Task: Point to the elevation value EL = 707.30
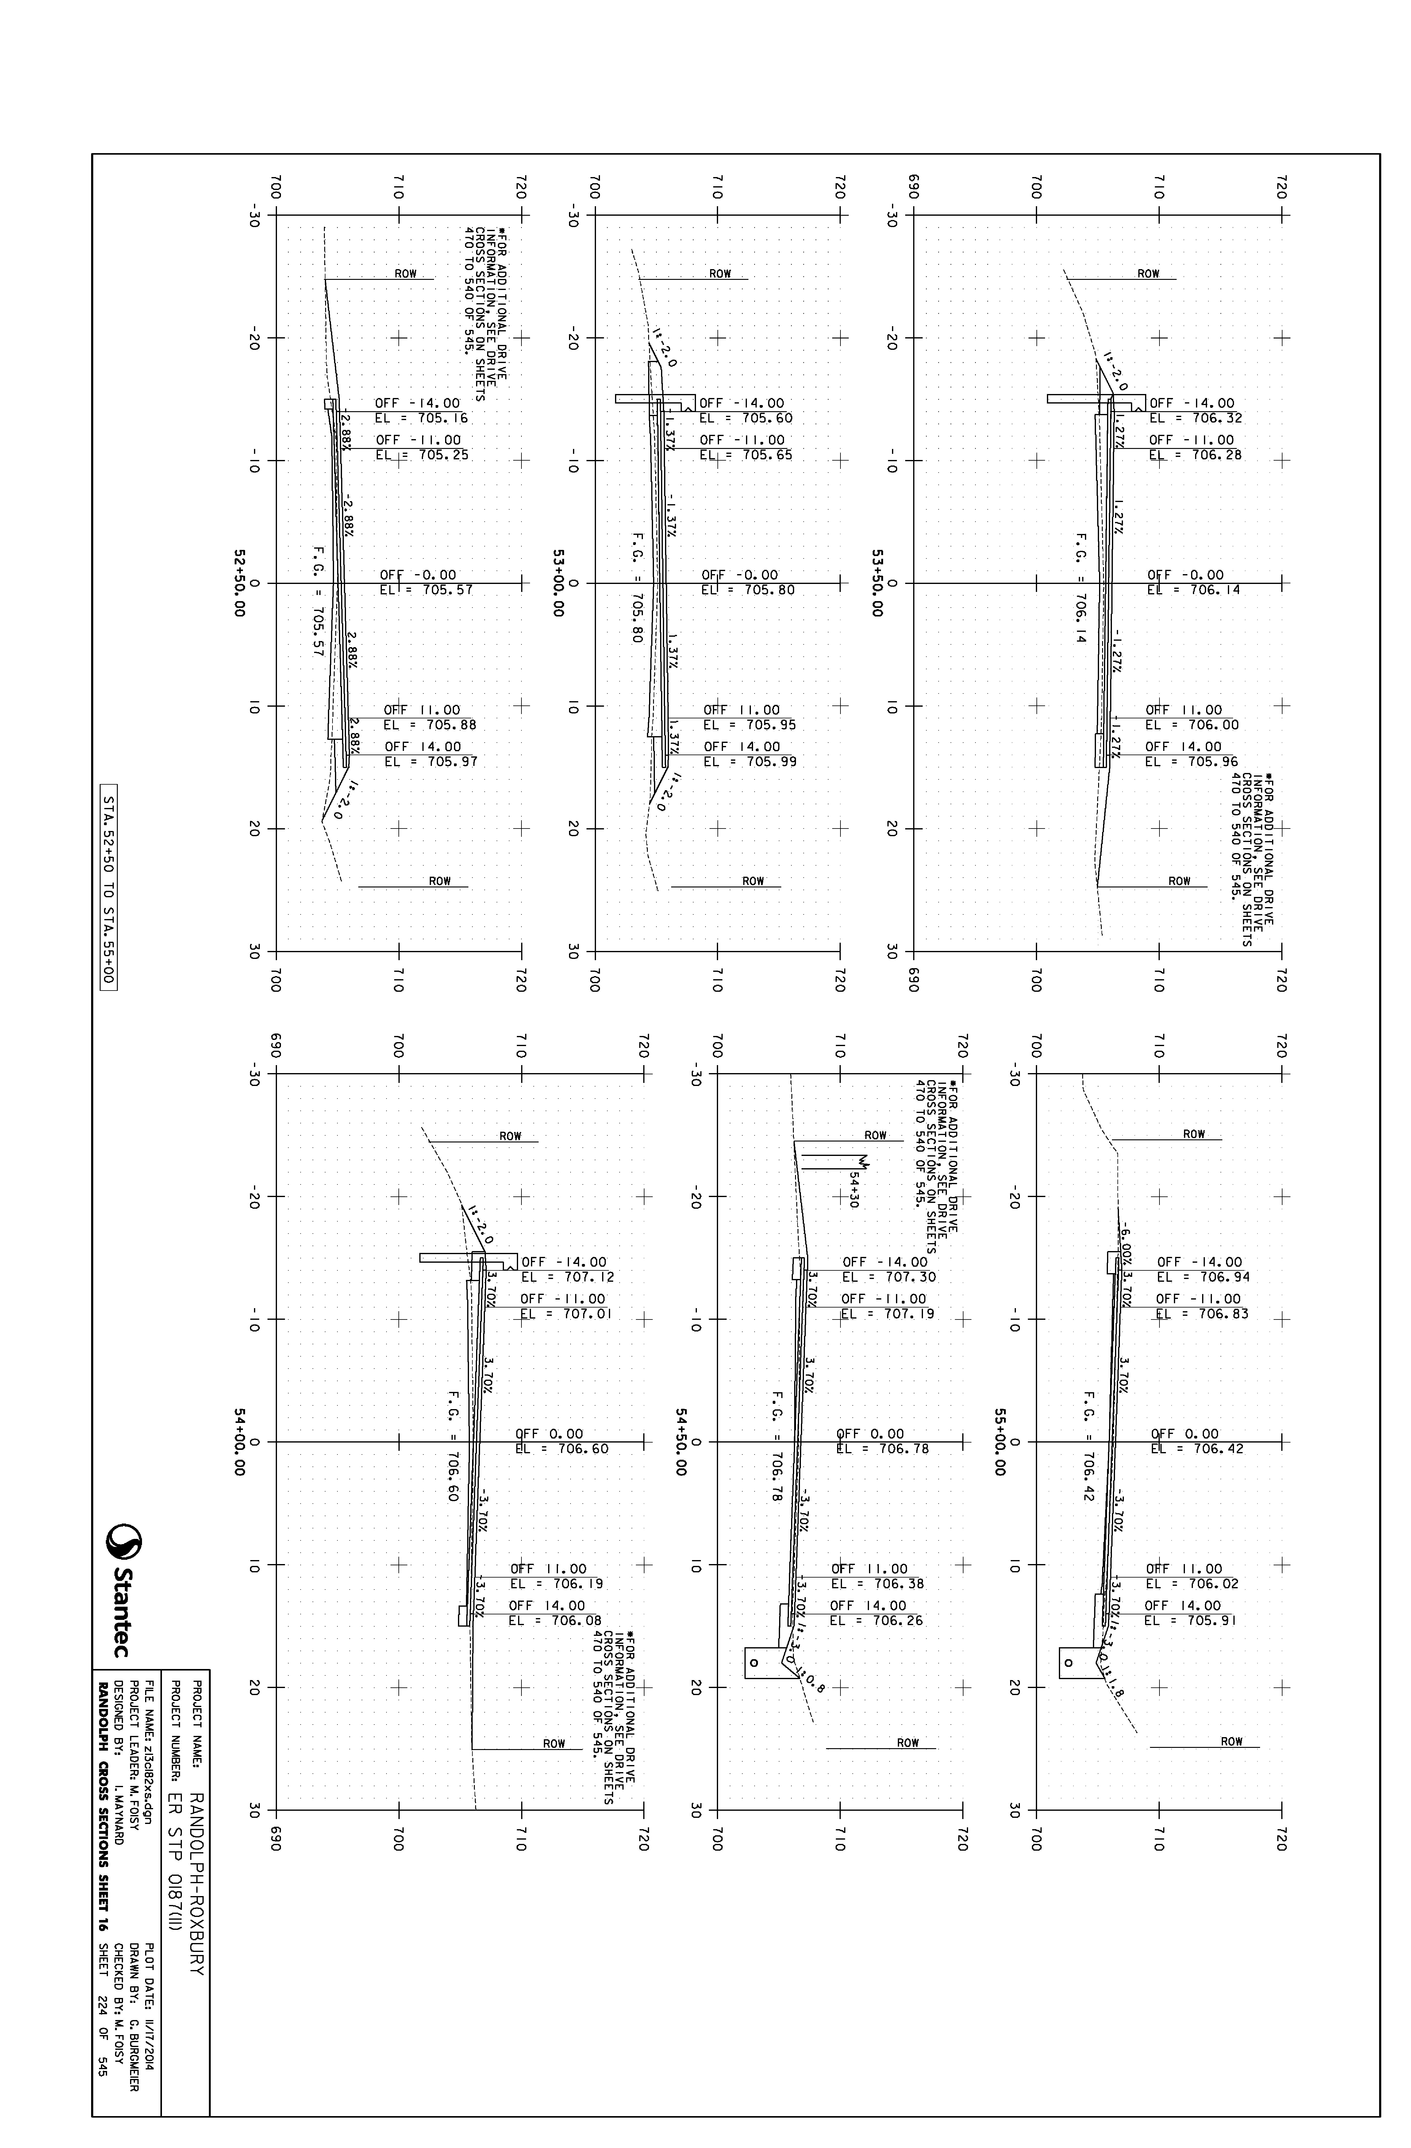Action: tap(889, 1277)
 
